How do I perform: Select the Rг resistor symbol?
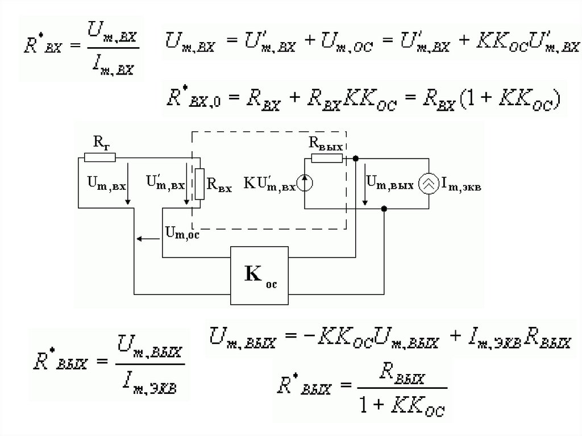[x=99, y=157]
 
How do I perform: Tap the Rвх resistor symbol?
[x=199, y=184]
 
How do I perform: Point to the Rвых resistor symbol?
[x=327, y=157]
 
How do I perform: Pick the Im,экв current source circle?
[x=428, y=183]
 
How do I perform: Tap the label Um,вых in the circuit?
[x=389, y=182]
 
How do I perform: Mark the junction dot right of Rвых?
[x=355, y=157]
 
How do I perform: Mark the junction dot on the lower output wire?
[x=385, y=209]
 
